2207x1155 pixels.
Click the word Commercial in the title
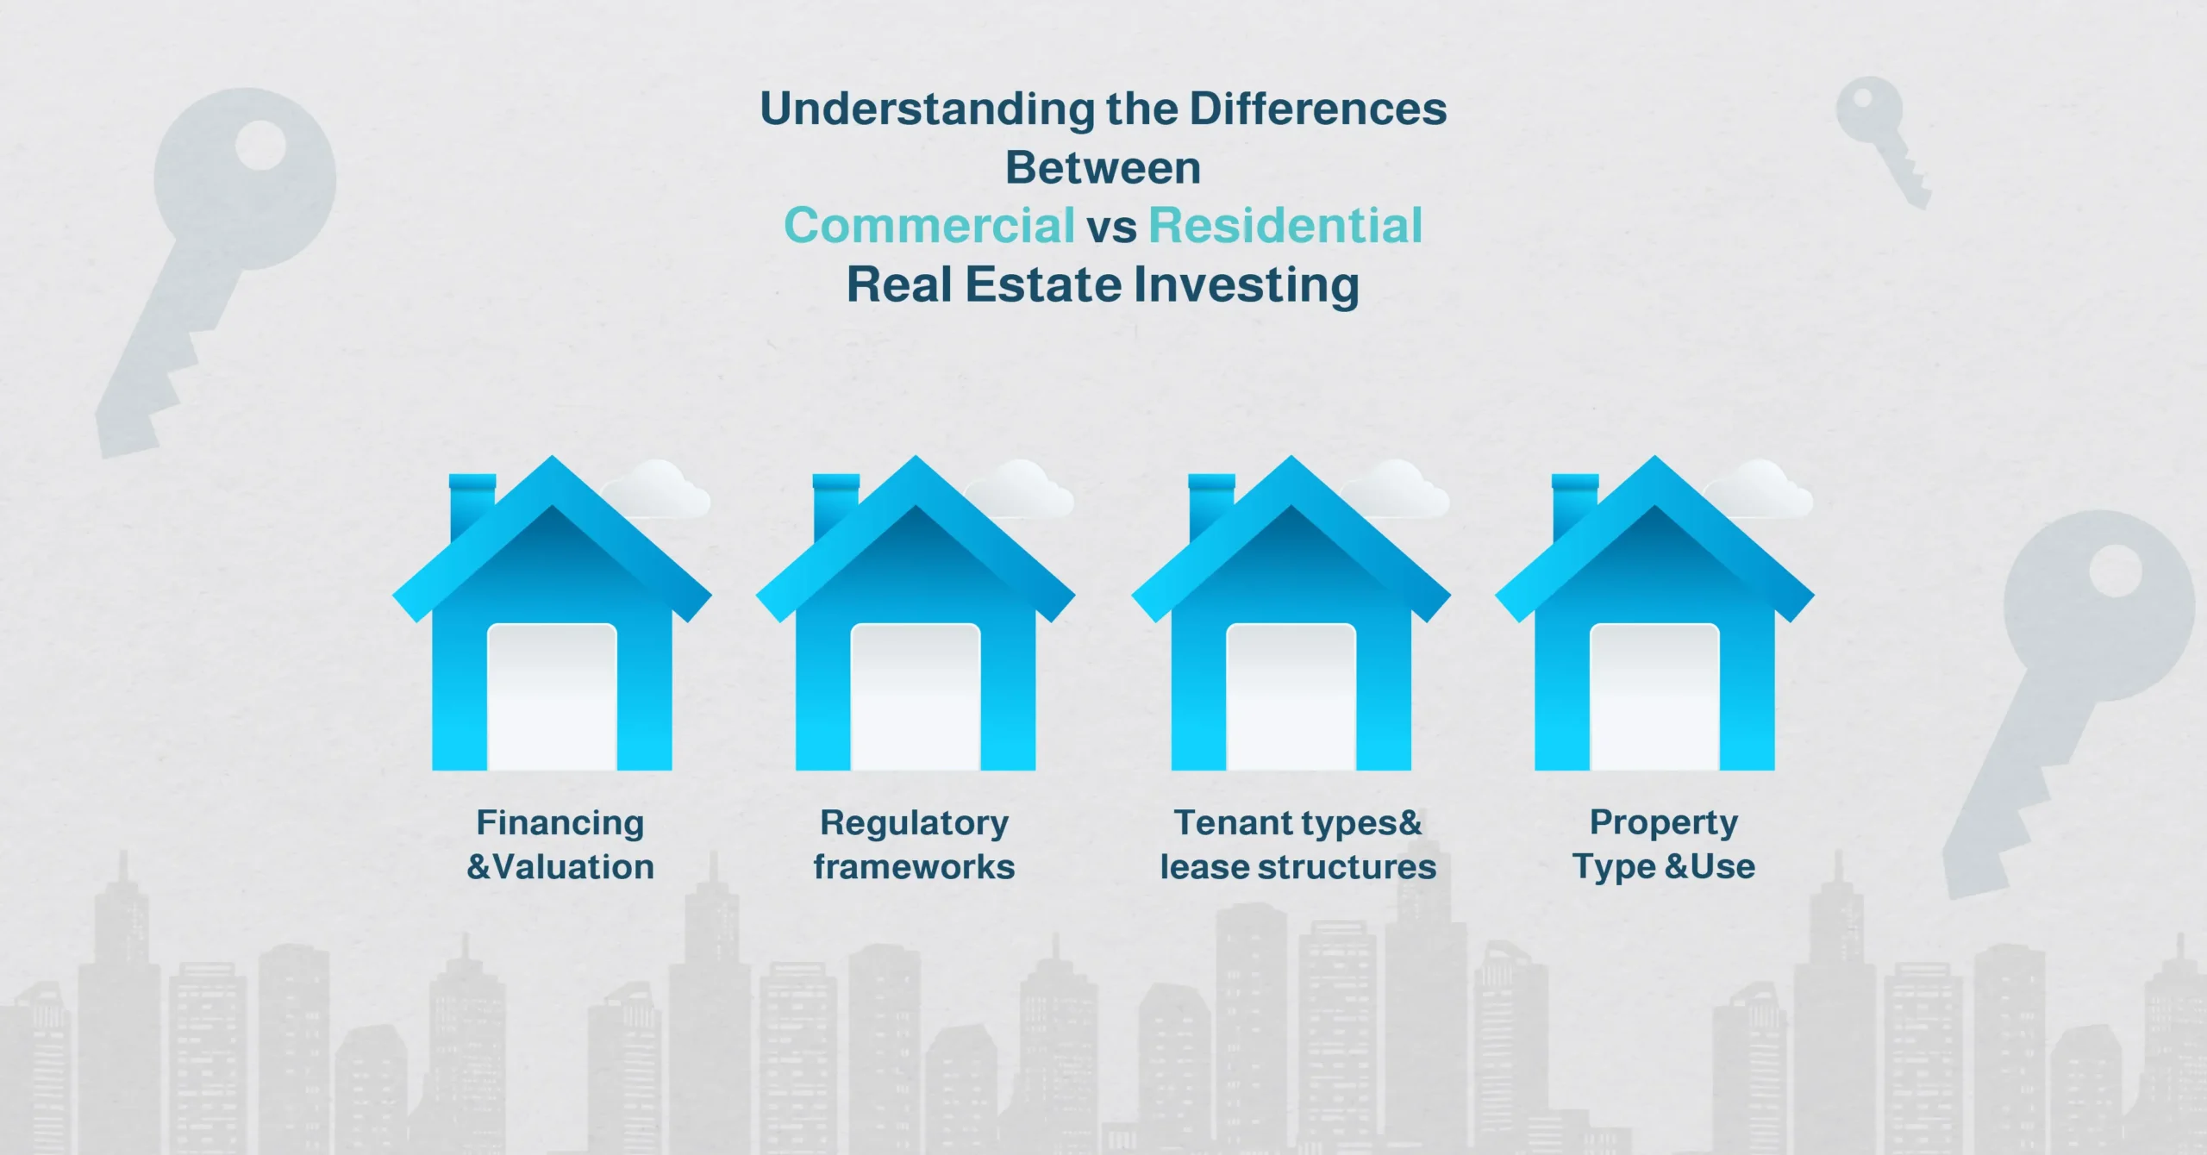pyautogui.click(x=929, y=226)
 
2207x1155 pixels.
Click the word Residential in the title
pyautogui.click(x=1285, y=226)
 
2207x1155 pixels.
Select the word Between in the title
pyautogui.click(x=1103, y=167)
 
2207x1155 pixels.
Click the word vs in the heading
pyautogui.click(x=1111, y=228)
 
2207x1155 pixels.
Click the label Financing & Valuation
pyautogui.click(x=560, y=845)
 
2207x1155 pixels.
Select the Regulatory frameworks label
pyautogui.click(x=914, y=845)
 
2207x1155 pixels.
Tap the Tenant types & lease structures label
pyautogui.click(x=1297, y=845)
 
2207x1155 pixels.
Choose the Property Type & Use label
pyautogui.click(x=1663, y=845)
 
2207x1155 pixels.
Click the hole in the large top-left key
pyautogui.click(x=260, y=145)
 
